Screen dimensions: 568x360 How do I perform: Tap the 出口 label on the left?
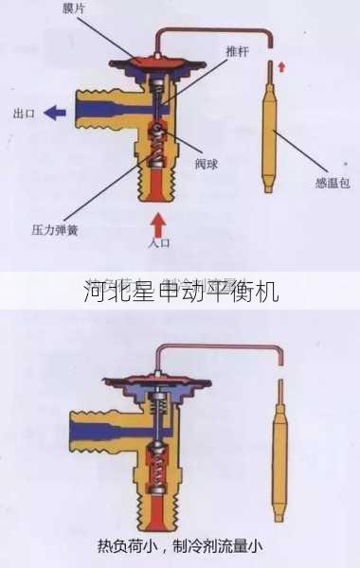point(24,113)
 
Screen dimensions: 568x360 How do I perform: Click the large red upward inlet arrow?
point(159,222)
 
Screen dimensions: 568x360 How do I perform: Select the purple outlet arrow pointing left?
point(56,112)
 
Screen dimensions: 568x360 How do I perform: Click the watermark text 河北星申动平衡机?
point(180,291)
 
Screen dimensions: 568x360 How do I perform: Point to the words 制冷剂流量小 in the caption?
point(221,545)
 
